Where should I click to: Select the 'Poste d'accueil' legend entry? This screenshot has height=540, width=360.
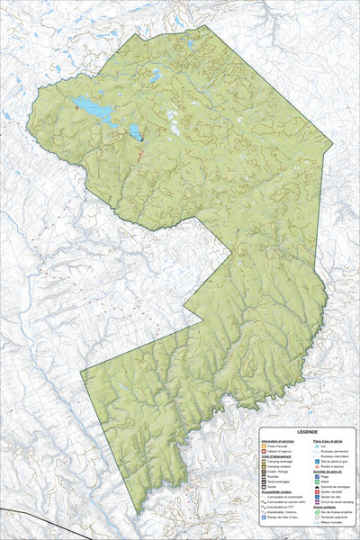(272, 446)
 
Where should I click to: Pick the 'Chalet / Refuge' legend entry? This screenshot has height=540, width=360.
(273, 472)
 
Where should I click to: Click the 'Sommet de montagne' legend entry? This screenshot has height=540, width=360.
(327, 486)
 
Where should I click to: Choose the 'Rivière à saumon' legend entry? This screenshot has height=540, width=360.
(327, 466)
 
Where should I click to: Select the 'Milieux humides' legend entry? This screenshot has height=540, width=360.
(326, 521)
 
